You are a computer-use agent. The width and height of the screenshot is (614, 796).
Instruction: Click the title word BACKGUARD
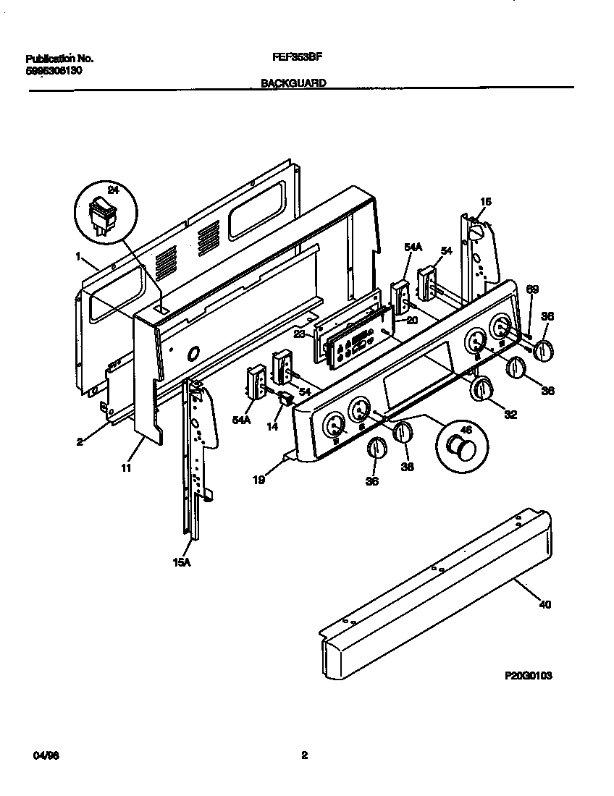[293, 83]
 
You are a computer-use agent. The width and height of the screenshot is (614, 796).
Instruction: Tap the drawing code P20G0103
[529, 675]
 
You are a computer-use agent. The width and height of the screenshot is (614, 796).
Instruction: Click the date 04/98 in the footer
[46, 755]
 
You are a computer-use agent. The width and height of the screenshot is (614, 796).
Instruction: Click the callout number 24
[112, 190]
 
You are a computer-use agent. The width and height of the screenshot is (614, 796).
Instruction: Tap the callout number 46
[466, 430]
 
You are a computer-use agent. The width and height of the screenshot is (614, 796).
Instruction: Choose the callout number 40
[545, 604]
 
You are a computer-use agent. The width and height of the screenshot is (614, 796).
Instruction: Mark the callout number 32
[510, 415]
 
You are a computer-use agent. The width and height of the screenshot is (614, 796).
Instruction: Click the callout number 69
[532, 290]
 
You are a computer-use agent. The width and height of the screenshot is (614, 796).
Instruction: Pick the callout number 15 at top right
[485, 202]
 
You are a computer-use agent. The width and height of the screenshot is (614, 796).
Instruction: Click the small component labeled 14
[286, 399]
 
